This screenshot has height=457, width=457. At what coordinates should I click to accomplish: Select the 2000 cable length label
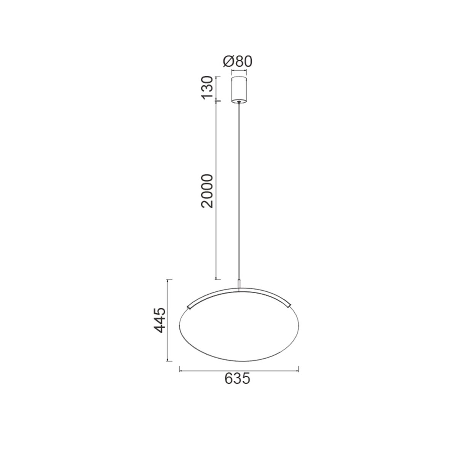[206, 191]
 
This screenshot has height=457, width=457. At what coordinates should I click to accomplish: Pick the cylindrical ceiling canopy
[239, 89]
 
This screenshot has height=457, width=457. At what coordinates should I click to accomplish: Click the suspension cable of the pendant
[239, 192]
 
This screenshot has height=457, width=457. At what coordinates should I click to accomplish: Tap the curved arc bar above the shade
[239, 290]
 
